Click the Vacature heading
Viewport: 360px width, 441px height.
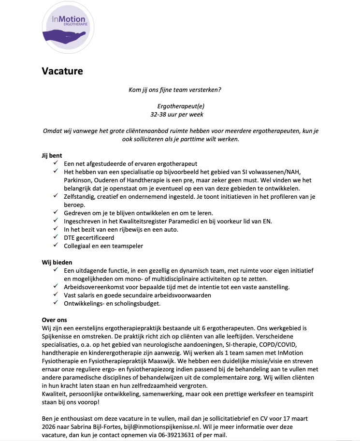point(62,71)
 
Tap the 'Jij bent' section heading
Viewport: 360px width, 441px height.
point(52,156)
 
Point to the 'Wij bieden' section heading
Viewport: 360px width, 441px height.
point(57,262)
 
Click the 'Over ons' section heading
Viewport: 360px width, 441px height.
point(54,320)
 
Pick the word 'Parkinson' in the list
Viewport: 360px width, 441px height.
point(78,180)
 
